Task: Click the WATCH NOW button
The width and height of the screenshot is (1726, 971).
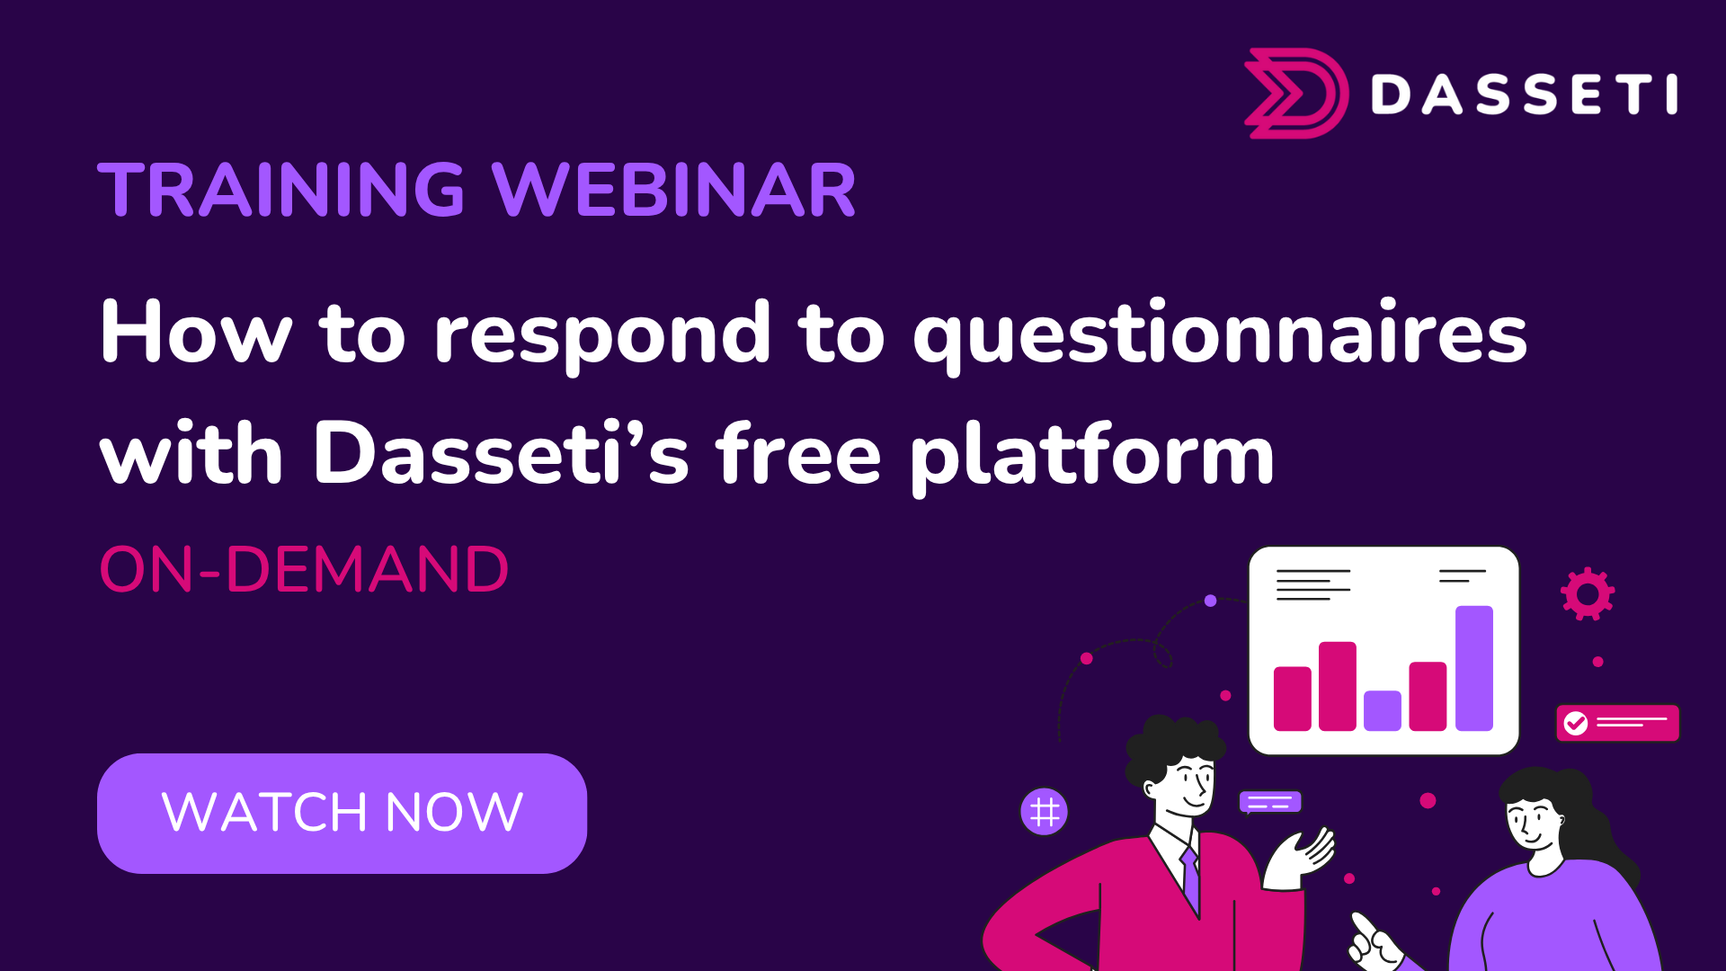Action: click(342, 813)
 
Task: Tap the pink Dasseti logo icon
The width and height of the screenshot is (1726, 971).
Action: click(1296, 94)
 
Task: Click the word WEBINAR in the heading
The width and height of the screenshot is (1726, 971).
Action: click(674, 190)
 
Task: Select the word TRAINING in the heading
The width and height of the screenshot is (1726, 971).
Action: click(281, 190)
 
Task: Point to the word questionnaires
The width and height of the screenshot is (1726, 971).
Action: click(1220, 335)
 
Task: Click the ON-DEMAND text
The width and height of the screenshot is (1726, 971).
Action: click(304, 570)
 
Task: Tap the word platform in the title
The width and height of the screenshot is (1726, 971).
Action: click(1092, 455)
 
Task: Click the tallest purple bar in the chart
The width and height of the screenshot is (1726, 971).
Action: click(1474, 668)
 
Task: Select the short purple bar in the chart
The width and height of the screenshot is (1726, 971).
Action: click(1383, 710)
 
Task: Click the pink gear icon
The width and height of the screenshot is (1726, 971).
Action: click(1588, 593)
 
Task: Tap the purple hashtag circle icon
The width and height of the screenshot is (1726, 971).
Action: click(1045, 812)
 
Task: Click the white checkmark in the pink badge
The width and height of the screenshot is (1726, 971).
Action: click(1576, 723)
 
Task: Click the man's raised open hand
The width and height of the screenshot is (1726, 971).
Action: click(1300, 858)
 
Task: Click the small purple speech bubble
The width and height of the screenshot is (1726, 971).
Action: click(1270, 802)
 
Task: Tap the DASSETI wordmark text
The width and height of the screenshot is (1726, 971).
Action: click(1525, 94)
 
